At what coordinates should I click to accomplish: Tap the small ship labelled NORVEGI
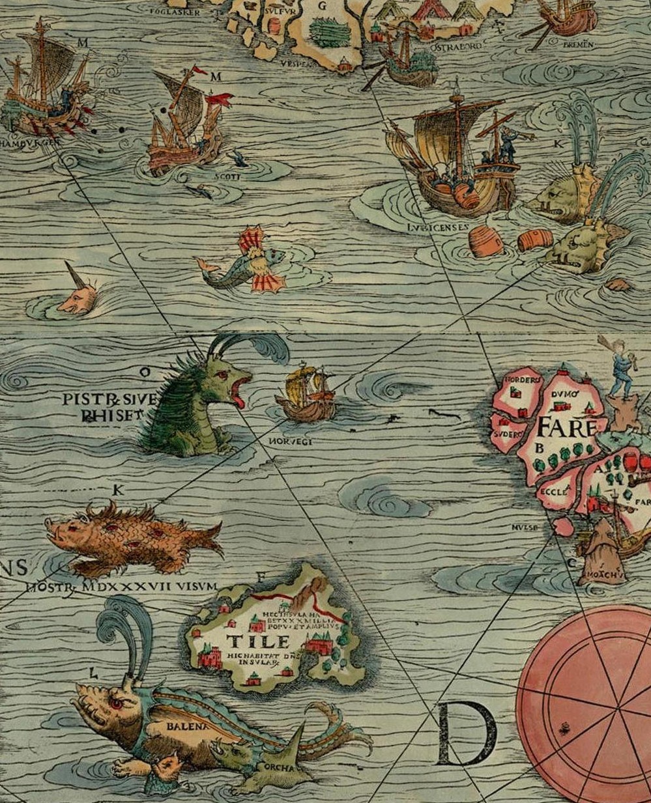(x=306, y=395)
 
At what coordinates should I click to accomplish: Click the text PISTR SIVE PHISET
(x=109, y=406)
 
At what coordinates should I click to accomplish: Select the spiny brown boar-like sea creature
(x=130, y=536)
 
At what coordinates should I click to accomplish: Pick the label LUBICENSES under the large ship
(x=439, y=227)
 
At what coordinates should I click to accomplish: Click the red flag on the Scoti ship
(x=220, y=99)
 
